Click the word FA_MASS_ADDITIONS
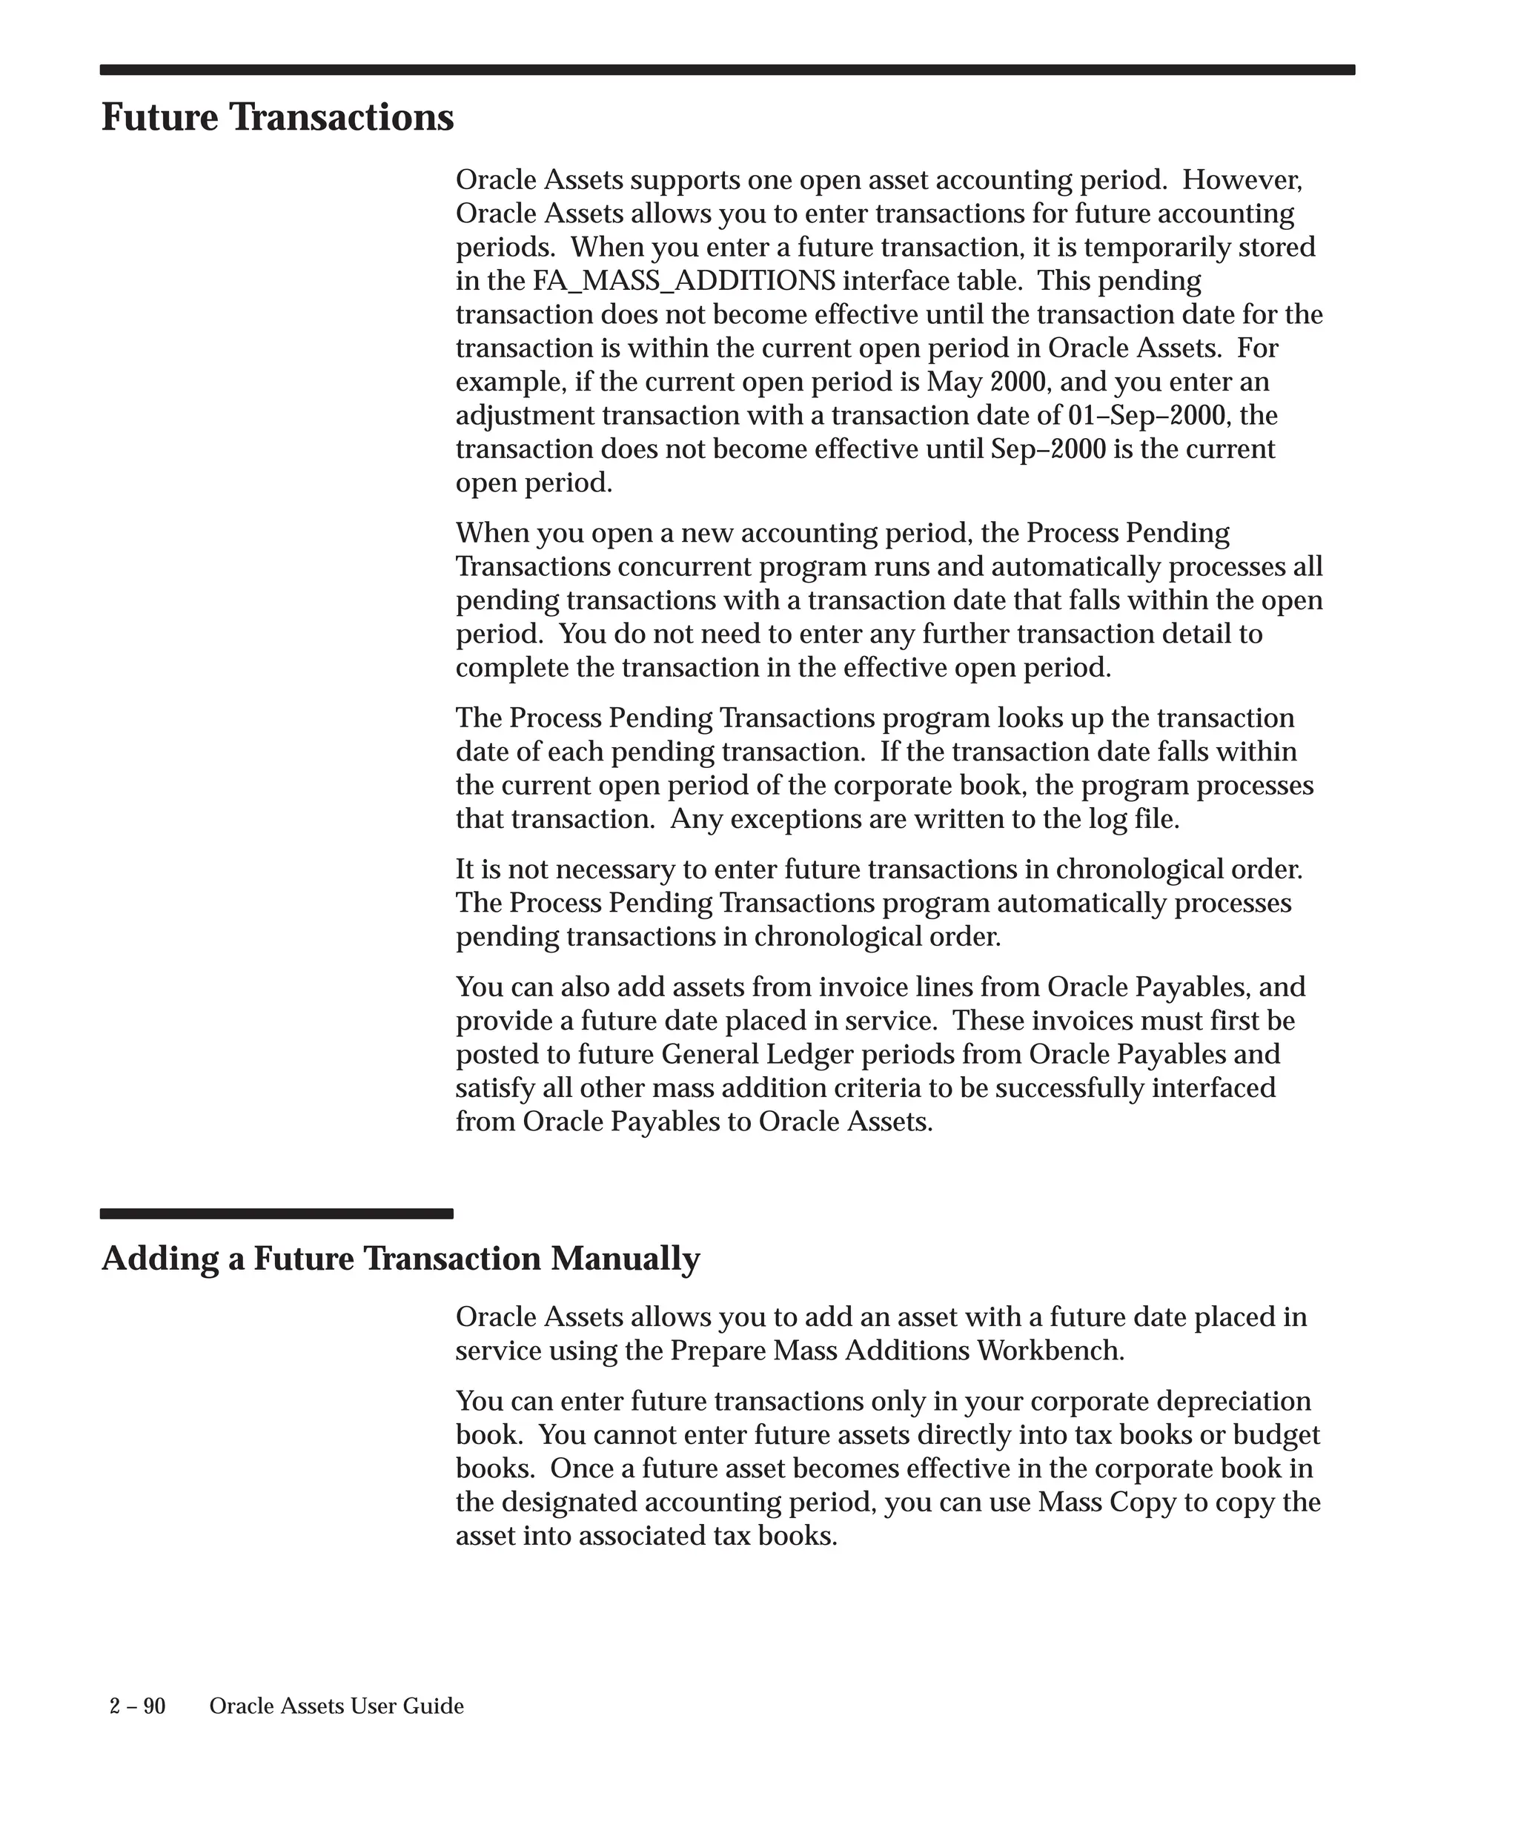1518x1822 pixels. click(x=684, y=281)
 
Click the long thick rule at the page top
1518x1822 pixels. click(x=727, y=70)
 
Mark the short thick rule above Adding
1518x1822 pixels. click(x=276, y=1213)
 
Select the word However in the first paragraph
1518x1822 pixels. click(x=1242, y=180)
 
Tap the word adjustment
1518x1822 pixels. click(x=525, y=416)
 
